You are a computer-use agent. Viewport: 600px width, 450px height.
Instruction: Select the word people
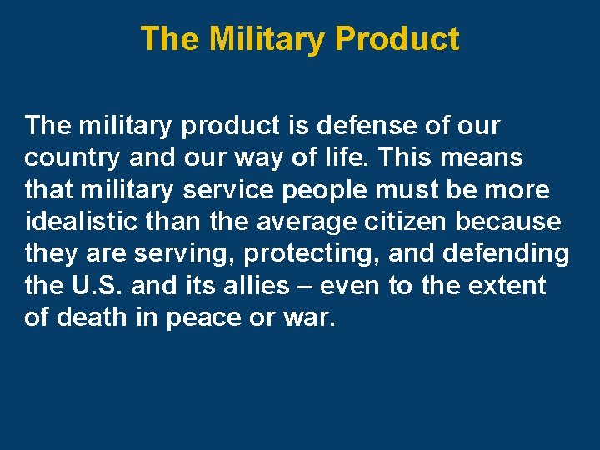pyautogui.click(x=321, y=191)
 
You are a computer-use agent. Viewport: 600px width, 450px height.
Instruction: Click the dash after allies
pyautogui.click(x=304, y=286)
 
